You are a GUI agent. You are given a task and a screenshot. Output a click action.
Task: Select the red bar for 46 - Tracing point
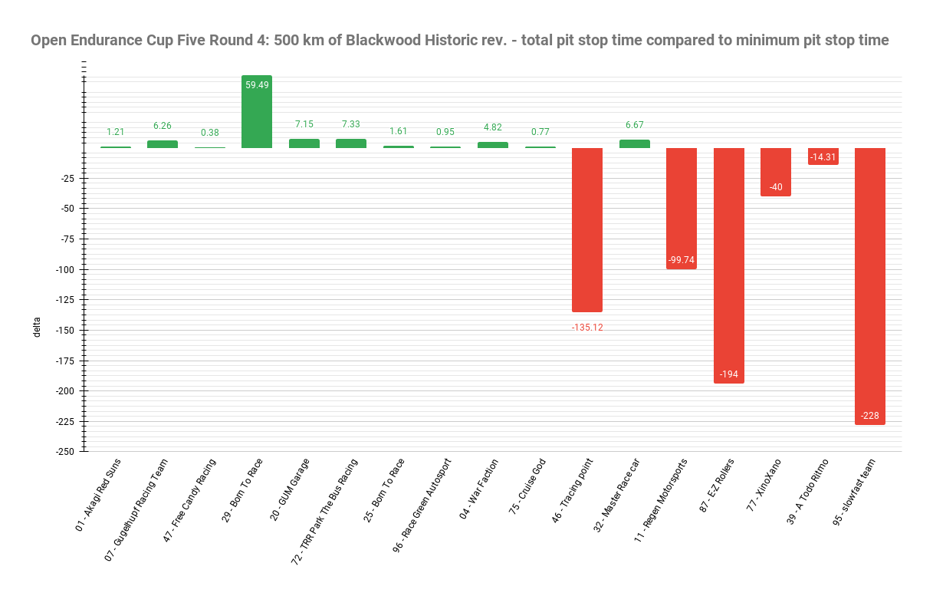pyautogui.click(x=587, y=230)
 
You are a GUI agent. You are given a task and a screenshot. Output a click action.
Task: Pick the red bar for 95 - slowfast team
pyautogui.click(x=870, y=284)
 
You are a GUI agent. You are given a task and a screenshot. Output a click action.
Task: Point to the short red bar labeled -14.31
pyautogui.click(x=823, y=156)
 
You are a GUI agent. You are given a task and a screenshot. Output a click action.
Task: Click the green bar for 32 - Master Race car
pyautogui.click(x=635, y=143)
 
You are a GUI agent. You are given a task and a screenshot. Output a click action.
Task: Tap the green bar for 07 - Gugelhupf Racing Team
pyautogui.click(x=163, y=144)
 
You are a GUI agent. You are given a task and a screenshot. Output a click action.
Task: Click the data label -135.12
pyautogui.click(x=587, y=328)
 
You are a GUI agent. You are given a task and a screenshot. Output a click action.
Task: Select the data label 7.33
pyautogui.click(x=351, y=124)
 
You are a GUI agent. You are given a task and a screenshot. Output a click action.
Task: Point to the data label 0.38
pyautogui.click(x=209, y=132)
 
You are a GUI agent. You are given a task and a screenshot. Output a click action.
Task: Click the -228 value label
pyautogui.click(x=870, y=416)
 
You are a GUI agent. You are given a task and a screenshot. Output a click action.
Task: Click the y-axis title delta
pyautogui.click(x=36, y=327)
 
